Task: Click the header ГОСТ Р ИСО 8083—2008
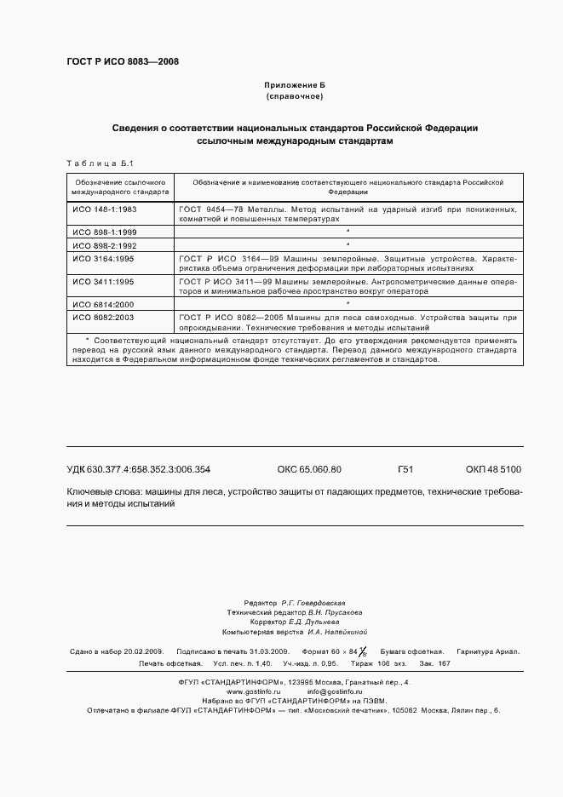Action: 122,61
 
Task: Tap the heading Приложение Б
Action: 294,86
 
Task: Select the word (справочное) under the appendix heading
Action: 294,98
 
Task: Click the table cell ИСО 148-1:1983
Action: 104,209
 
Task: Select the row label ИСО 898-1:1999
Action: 104,232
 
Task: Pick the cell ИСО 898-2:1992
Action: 104,244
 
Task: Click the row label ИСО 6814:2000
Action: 104,304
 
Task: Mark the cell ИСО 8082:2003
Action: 104,317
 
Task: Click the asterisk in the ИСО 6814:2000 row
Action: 348,303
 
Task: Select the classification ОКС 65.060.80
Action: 309,469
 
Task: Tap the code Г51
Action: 405,469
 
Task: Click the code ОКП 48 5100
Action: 493,469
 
